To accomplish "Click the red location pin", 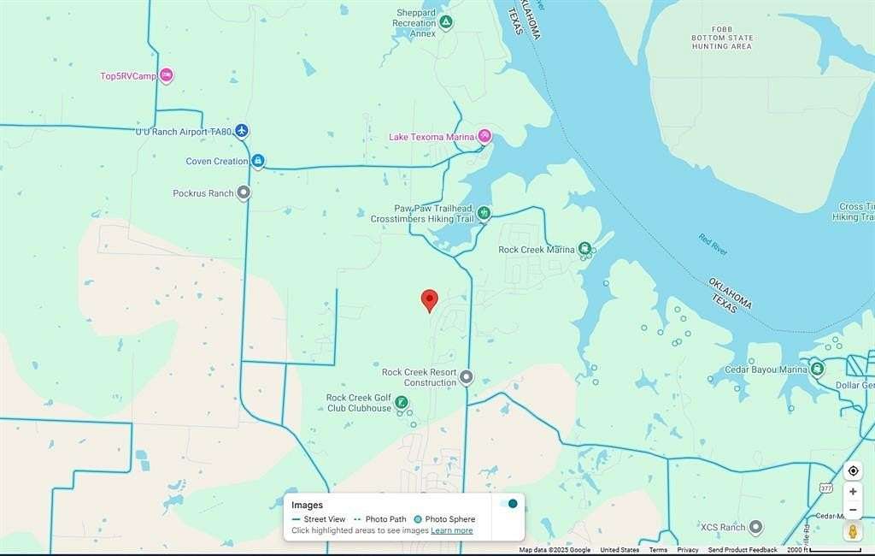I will [x=430, y=300].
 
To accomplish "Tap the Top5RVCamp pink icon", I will [x=167, y=75].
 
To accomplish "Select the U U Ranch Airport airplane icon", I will [x=243, y=131].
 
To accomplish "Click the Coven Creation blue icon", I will [x=257, y=161].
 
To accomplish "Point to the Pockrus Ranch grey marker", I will [x=244, y=193].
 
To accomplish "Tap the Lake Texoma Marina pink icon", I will [x=484, y=136].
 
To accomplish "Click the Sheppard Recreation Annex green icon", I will [x=446, y=22].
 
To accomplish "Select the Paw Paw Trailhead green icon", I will [x=484, y=213].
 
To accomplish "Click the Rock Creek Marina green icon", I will [x=584, y=250].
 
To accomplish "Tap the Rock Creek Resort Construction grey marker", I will [x=466, y=376].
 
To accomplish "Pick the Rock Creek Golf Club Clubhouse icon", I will [x=400, y=402].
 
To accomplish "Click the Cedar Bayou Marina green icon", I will [x=817, y=370].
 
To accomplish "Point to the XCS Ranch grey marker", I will [x=755, y=527].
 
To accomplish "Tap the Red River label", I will [x=713, y=245].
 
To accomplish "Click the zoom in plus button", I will [x=853, y=492].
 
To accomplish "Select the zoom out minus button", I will [x=853, y=511].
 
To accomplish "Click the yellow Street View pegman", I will [x=853, y=532].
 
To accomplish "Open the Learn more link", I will [x=451, y=530].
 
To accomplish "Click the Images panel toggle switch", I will [x=508, y=504].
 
